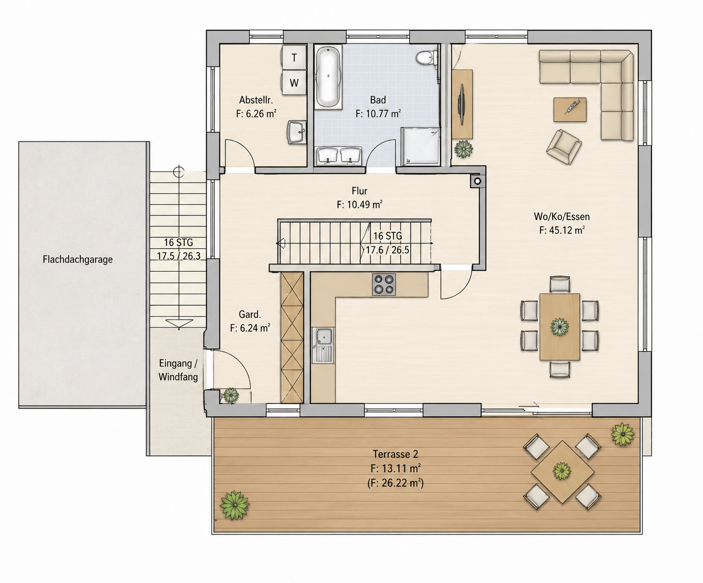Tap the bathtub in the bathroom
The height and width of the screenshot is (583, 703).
(328, 78)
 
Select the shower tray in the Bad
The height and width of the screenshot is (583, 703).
(421, 147)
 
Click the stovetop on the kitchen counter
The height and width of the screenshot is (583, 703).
(384, 284)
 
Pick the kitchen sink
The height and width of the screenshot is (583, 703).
(323, 345)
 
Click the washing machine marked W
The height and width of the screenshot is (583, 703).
(294, 83)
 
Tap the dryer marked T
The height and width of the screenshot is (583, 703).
(294, 58)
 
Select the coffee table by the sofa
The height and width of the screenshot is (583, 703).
(570, 109)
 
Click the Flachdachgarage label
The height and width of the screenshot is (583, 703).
(78, 259)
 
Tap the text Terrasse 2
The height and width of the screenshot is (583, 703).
(395, 454)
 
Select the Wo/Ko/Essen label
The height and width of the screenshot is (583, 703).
(562, 216)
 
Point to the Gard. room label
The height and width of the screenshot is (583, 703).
(250, 314)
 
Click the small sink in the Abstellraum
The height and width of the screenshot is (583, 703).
(297, 132)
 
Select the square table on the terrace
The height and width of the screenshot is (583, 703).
(562, 472)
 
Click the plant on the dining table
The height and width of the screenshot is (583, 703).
(560, 327)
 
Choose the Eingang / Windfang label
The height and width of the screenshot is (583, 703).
(178, 370)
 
